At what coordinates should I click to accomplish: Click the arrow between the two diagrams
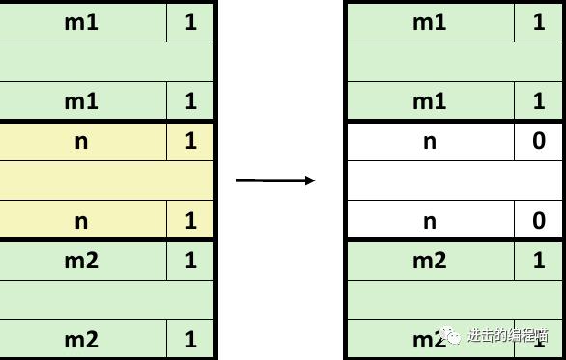(275, 180)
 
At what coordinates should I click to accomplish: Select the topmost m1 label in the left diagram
(81, 21)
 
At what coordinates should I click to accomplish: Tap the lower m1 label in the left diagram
(81, 100)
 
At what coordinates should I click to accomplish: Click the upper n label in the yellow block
(81, 141)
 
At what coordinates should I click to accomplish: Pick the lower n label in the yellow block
(81, 221)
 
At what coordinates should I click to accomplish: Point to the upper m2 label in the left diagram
(81, 261)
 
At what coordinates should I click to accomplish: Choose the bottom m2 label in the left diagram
(81, 340)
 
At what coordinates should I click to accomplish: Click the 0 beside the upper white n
(539, 141)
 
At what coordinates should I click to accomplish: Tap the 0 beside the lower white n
(539, 221)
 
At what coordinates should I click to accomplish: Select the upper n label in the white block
(430, 141)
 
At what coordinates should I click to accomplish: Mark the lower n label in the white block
(430, 221)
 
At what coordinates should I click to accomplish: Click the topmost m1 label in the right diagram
(430, 21)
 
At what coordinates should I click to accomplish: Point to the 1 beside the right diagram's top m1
(539, 21)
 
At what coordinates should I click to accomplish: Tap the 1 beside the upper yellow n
(190, 141)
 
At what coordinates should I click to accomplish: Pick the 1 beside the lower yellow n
(190, 221)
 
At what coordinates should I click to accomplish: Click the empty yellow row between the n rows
(106, 180)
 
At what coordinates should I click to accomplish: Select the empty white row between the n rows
(454, 180)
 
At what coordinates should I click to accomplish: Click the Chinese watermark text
(507, 336)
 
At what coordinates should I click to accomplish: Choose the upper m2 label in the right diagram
(430, 261)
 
